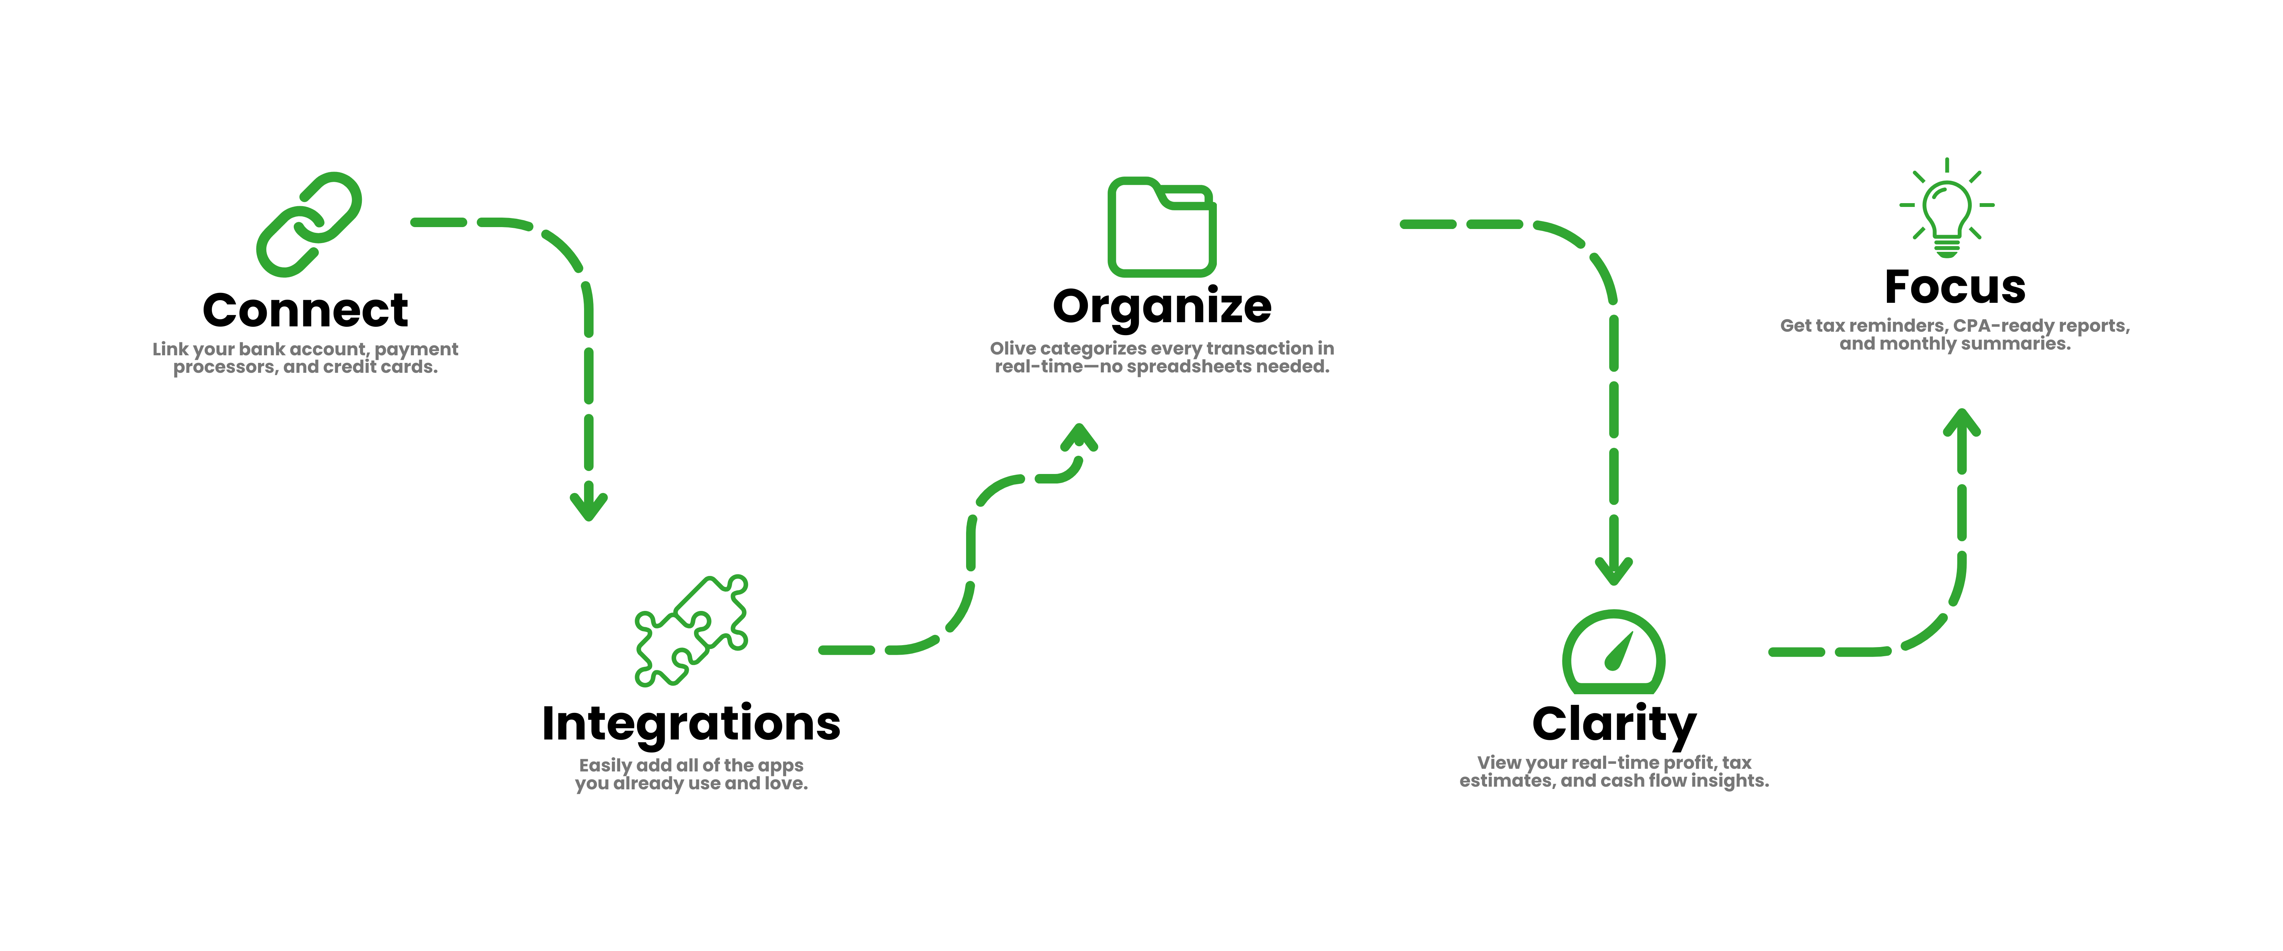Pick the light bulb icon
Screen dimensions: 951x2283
pos(1946,210)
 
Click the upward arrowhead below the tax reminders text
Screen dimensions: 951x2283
pos(1961,424)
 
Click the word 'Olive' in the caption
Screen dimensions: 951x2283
pos(1012,348)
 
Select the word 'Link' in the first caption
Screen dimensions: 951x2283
pos(170,349)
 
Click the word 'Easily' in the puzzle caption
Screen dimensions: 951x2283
pos(605,766)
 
